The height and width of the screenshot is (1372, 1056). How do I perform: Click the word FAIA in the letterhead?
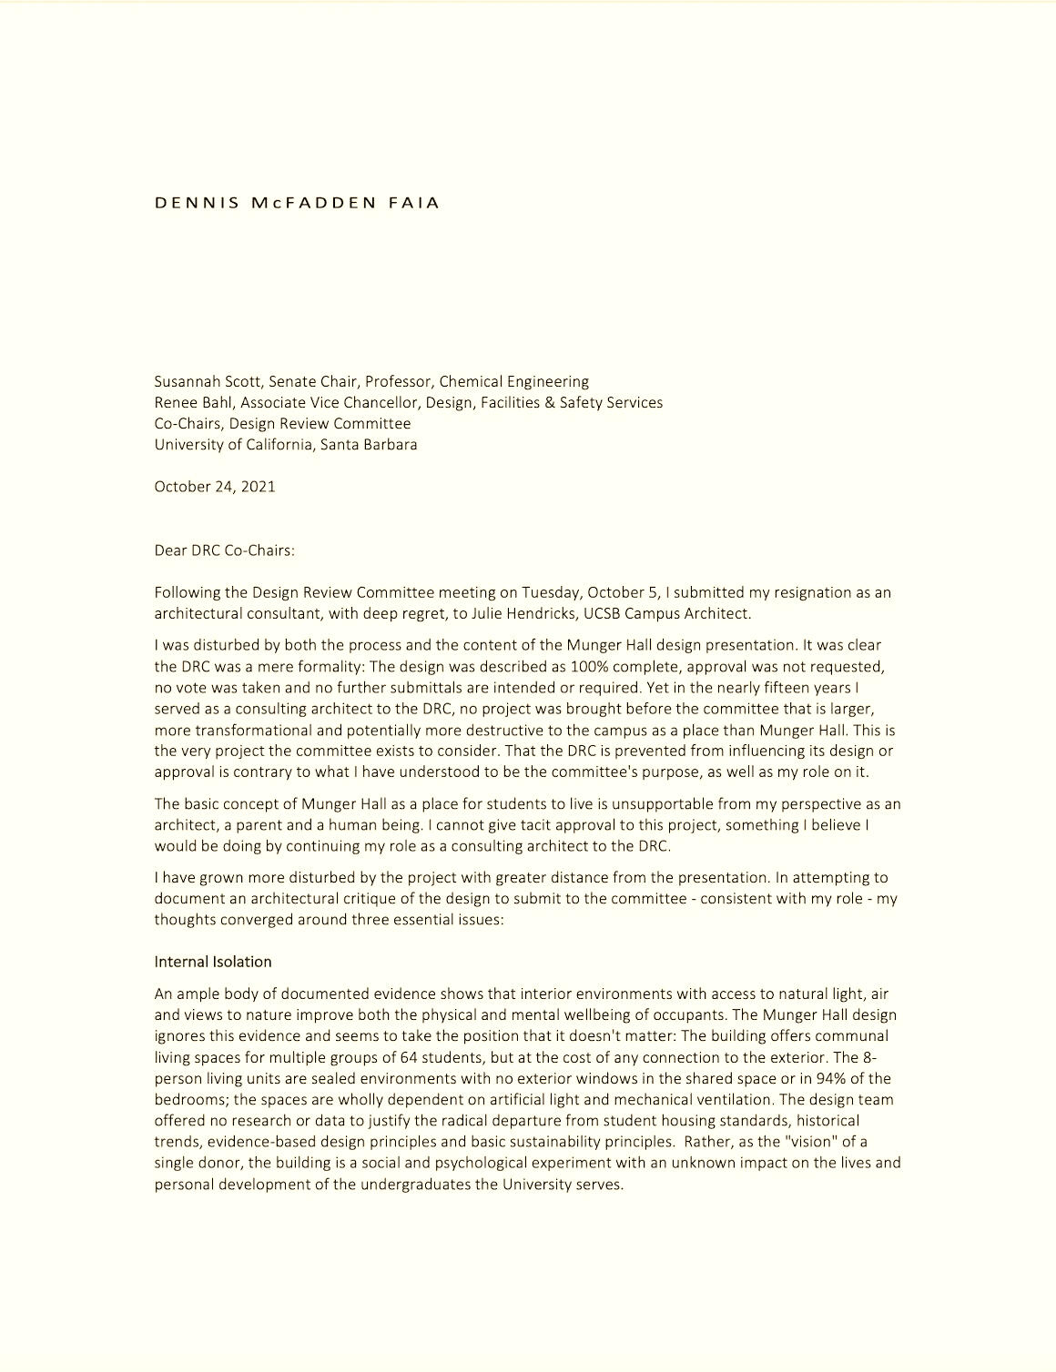414,203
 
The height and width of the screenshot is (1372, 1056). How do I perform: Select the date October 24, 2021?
215,487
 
